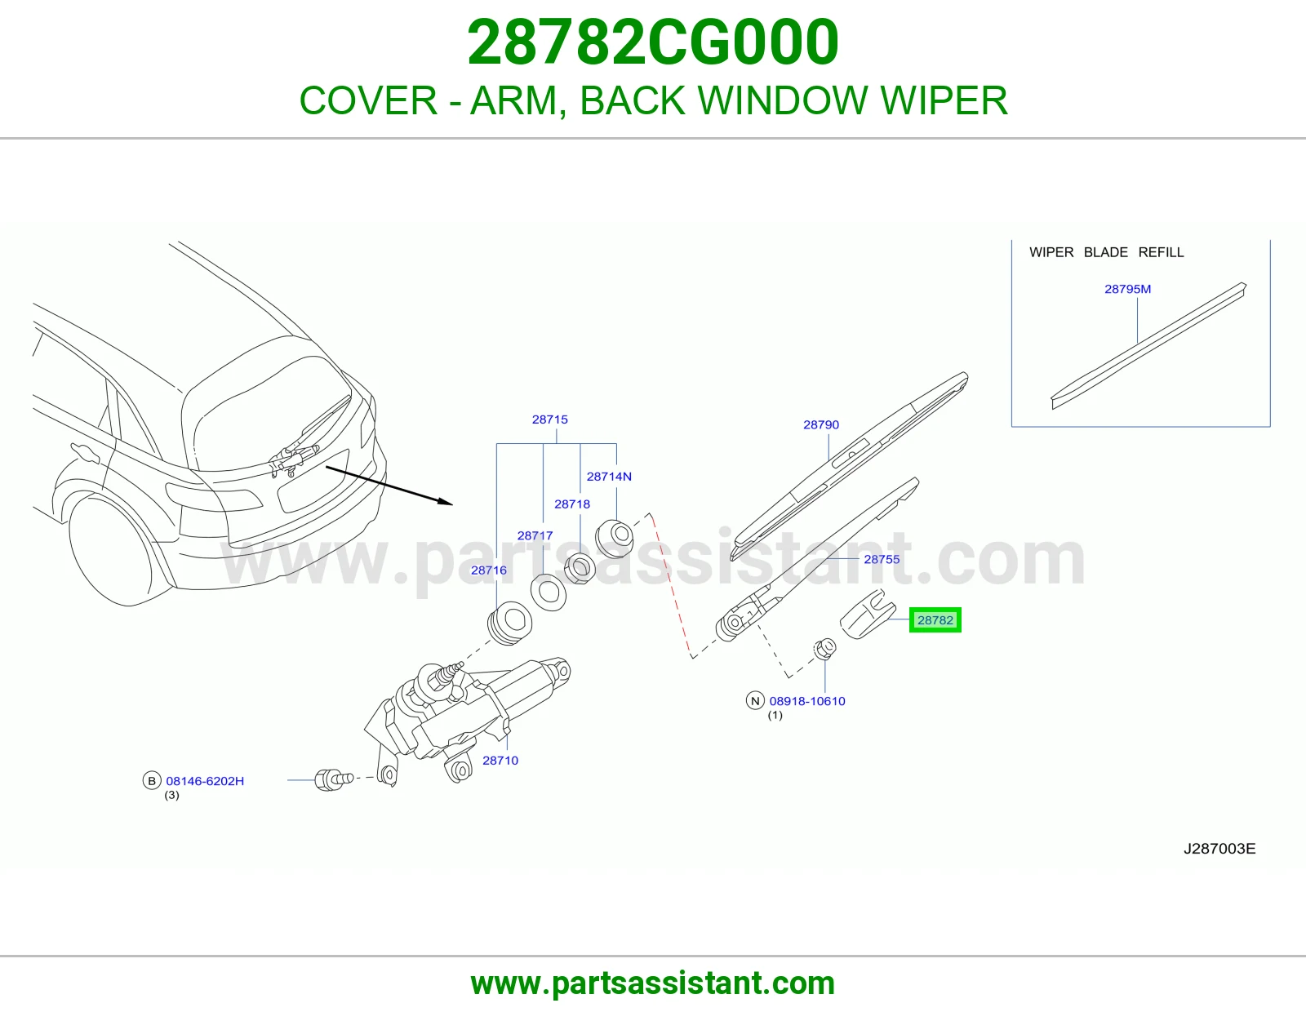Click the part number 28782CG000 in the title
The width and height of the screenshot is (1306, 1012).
pos(653,42)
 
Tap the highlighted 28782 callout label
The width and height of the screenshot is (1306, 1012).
pos(935,619)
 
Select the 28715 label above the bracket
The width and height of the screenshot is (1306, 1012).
pos(550,419)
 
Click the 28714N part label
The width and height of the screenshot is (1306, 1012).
pos(609,477)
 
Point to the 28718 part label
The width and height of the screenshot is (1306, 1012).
pos(572,504)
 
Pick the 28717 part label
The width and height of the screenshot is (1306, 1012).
pos(535,535)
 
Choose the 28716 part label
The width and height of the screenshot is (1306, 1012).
pos(489,570)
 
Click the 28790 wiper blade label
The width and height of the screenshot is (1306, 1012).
pos(821,425)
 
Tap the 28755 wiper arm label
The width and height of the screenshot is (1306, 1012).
pos(882,560)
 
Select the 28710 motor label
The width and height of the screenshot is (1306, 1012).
pos(500,761)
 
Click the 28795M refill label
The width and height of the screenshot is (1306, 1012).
pos(1127,289)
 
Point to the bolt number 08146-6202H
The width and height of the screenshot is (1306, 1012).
pos(205,781)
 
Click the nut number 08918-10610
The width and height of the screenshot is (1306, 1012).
pos(807,701)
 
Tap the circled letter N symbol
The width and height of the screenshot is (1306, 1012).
pos(755,701)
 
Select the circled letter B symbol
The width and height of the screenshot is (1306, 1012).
pos(152,781)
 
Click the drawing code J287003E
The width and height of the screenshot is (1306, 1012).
pos(1219,849)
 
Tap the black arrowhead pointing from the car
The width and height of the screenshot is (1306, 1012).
pos(445,501)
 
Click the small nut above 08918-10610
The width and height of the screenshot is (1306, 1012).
pos(824,649)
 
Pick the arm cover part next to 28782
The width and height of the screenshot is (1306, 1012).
pos(867,615)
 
